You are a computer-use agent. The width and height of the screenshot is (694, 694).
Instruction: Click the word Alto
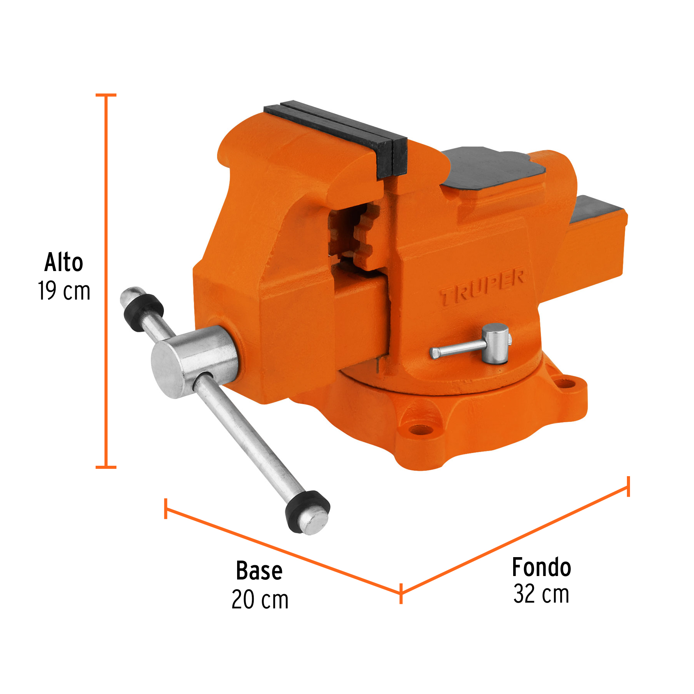64,263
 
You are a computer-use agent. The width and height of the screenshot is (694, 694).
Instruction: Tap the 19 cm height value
64,291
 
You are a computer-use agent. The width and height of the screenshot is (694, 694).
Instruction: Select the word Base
259,571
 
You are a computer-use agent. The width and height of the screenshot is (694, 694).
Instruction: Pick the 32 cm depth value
541,594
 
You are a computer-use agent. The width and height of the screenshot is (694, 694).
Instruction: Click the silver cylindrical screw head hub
193,360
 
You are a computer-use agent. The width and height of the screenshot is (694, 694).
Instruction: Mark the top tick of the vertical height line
106,95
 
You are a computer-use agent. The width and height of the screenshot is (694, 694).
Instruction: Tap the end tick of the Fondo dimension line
628,487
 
